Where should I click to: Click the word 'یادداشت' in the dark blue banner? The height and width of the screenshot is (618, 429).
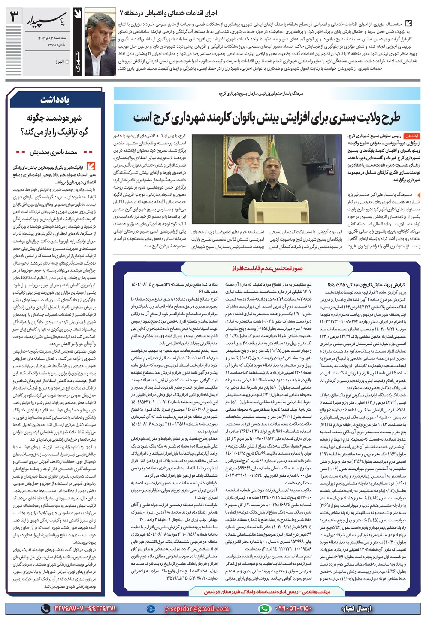55,100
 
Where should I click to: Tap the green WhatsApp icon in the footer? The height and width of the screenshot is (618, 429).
264,609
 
